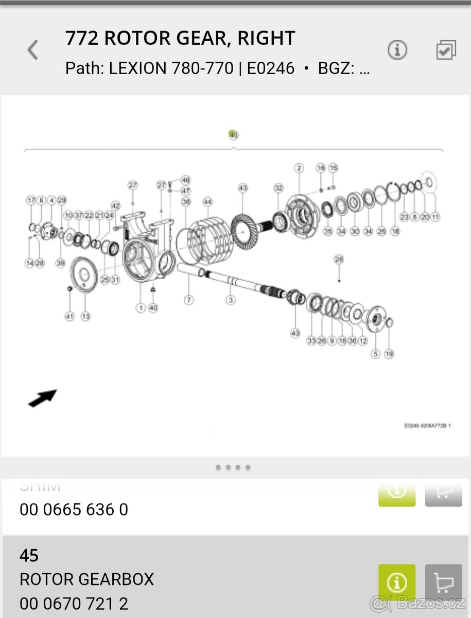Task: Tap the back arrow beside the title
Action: (x=33, y=50)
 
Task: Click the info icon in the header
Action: (x=397, y=50)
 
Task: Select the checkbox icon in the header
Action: (x=446, y=50)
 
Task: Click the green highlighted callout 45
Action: (x=233, y=135)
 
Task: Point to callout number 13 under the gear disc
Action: (x=85, y=316)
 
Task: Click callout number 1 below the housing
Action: (x=141, y=308)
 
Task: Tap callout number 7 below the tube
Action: (x=189, y=299)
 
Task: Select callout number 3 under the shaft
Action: (x=231, y=299)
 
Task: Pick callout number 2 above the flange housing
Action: (x=299, y=168)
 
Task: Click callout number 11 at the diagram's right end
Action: (x=435, y=217)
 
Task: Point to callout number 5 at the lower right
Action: (x=375, y=354)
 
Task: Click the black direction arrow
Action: (x=42, y=398)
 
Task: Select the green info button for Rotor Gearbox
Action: (x=397, y=582)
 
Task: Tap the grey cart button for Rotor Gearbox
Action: (x=443, y=582)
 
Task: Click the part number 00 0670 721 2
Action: (x=74, y=603)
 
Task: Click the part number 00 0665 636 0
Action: (x=74, y=509)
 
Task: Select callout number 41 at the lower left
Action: (x=69, y=316)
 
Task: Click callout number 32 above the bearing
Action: (x=278, y=188)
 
